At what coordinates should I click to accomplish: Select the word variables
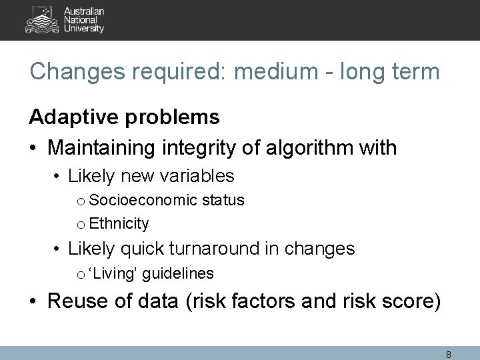[x=200, y=176]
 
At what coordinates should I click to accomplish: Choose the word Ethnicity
[x=119, y=223]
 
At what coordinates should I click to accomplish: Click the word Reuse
[x=73, y=302]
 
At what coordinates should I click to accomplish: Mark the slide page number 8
[x=449, y=355]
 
